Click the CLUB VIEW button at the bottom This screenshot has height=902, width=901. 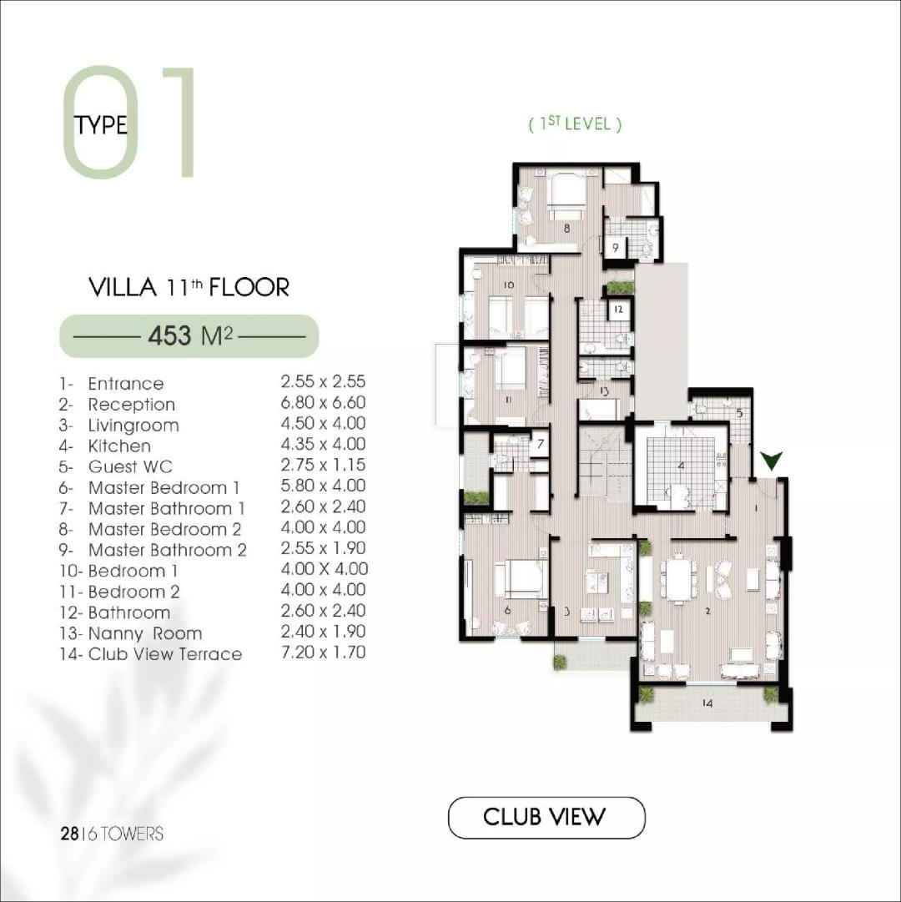546,817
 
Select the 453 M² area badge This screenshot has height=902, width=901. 189,336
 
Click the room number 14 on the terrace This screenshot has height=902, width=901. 707,704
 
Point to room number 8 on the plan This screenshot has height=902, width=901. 566,227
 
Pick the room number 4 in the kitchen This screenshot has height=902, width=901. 681,466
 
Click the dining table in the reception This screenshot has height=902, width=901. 680,577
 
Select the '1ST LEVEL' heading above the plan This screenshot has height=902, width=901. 576,124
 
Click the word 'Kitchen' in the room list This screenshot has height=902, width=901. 119,446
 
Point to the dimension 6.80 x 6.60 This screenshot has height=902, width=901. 324,403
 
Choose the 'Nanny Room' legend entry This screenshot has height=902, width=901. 144,633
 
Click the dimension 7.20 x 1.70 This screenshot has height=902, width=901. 324,653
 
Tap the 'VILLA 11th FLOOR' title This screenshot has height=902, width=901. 189,288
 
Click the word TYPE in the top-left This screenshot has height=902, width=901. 101,125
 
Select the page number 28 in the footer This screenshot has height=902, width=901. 69,834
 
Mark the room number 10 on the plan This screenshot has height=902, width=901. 508,285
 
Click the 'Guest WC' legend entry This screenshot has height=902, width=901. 130,467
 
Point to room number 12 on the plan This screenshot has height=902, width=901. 618,310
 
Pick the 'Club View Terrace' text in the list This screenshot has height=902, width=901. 164,654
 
